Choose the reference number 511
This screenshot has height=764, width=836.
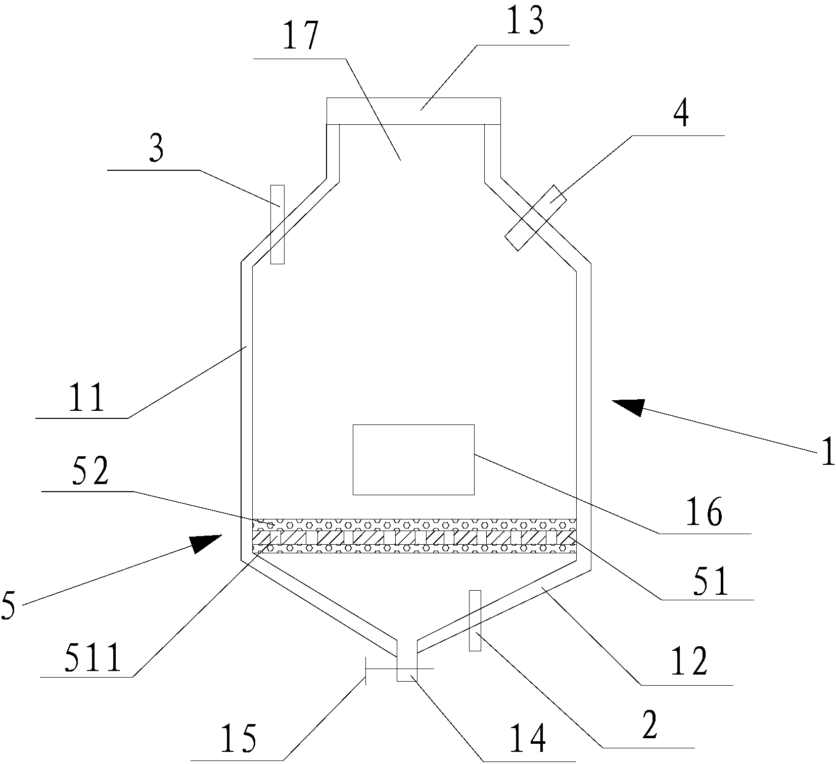92,657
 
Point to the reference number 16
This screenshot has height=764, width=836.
707,513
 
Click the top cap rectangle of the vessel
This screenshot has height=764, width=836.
413,110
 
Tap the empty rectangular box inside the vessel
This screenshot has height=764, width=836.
413,459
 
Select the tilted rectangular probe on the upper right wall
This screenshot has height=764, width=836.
536,217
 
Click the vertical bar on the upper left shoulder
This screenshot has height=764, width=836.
277,224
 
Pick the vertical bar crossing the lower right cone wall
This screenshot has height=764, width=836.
474,620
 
